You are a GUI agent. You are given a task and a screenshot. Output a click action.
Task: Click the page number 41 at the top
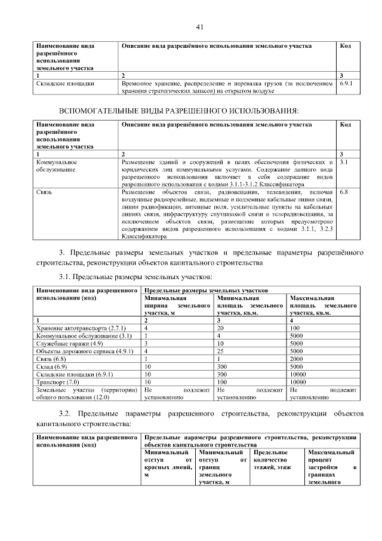(199, 27)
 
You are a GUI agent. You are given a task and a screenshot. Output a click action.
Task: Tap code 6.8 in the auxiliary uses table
(343, 193)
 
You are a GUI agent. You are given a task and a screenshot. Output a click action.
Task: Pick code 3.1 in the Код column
(343, 162)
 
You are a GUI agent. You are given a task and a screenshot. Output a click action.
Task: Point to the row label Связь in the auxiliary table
(44, 193)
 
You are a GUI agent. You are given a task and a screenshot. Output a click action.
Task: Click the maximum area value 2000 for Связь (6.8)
(297, 359)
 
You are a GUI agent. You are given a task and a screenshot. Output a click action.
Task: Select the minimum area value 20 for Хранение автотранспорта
(220, 328)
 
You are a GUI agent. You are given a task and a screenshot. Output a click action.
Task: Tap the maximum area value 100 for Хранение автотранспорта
(295, 328)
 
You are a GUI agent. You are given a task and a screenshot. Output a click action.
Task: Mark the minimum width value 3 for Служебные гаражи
(146, 344)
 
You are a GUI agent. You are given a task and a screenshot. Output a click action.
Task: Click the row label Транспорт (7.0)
(57, 381)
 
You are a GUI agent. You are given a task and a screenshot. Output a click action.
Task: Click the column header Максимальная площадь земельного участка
(322, 305)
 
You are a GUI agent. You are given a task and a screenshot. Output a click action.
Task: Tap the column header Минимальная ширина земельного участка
(177, 305)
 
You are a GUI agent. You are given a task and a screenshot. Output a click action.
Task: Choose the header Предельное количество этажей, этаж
(275, 460)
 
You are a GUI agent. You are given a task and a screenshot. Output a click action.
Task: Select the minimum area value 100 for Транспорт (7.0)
(223, 381)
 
